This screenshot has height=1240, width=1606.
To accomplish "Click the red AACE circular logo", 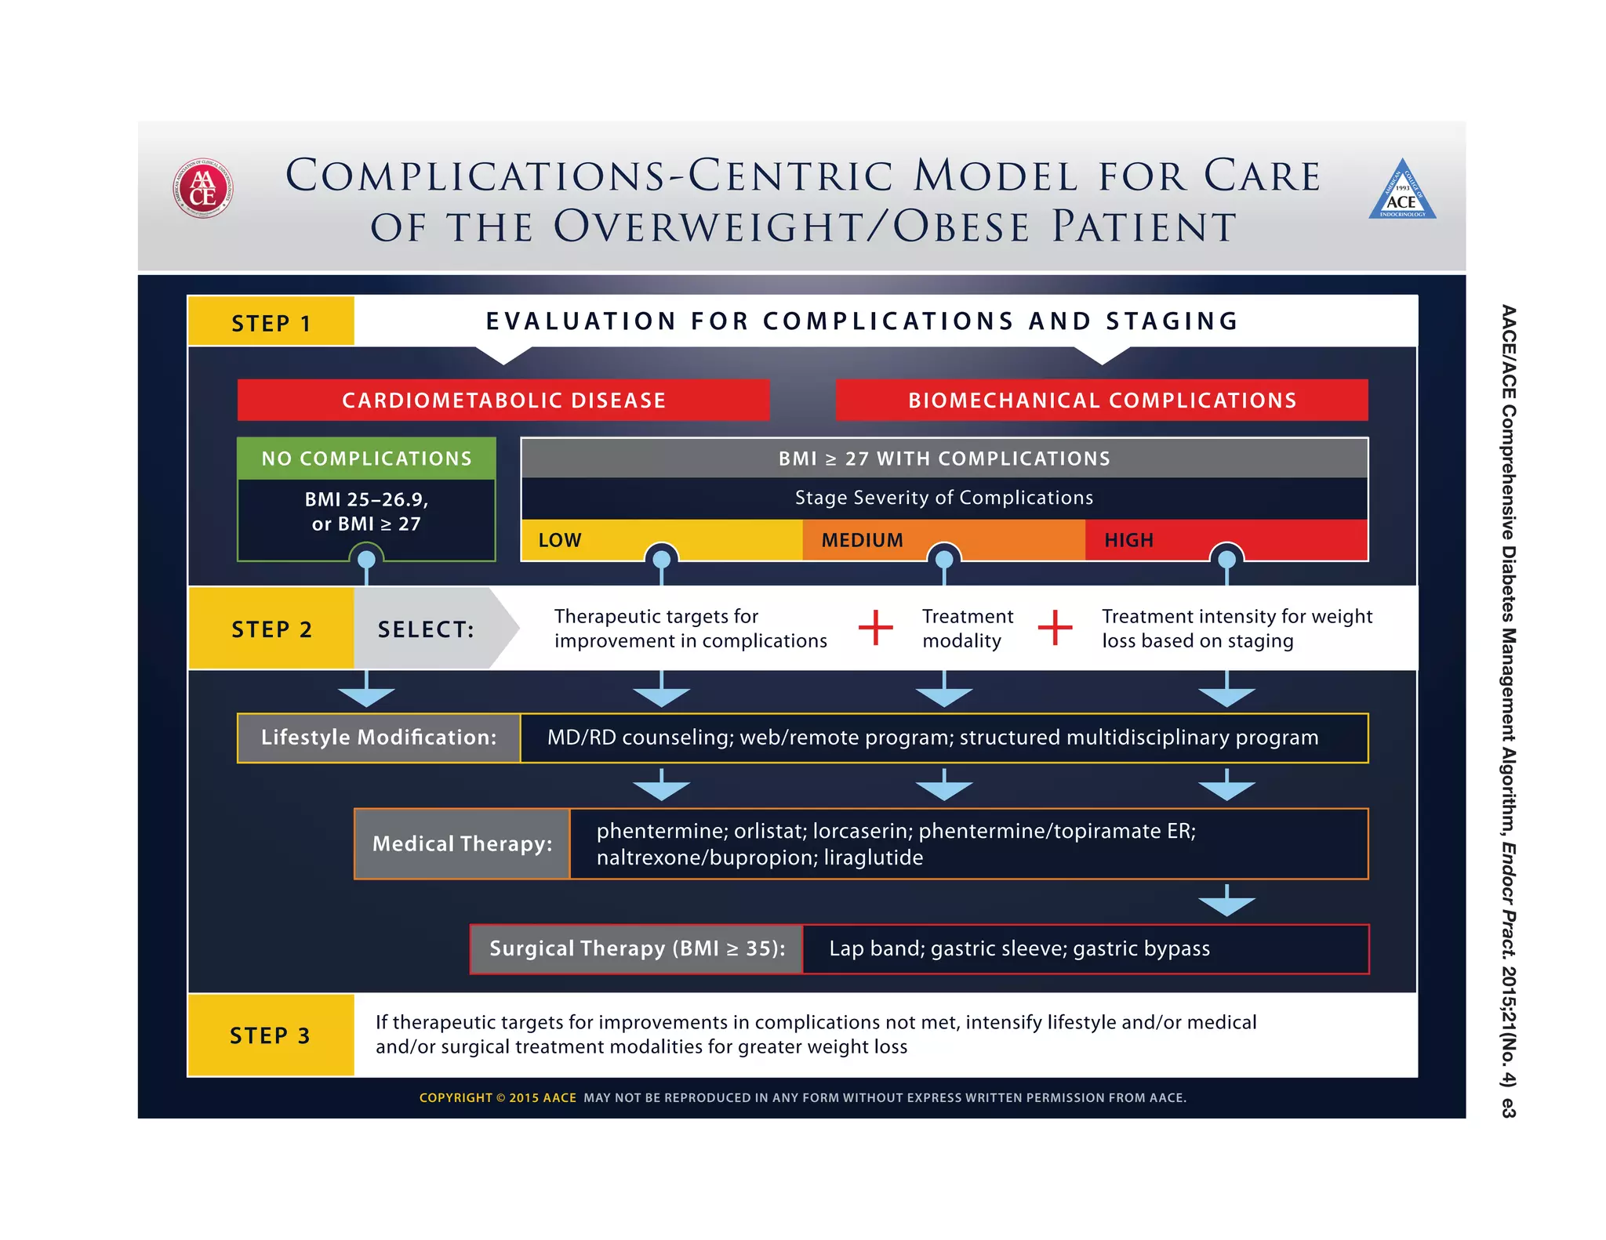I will click(202, 188).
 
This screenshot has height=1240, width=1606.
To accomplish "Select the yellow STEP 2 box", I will click(271, 629).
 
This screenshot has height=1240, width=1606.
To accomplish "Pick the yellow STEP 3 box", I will click(271, 1035).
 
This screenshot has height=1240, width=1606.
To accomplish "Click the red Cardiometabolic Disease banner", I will click(503, 401).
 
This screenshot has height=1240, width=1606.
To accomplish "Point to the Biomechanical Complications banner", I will click(1102, 401).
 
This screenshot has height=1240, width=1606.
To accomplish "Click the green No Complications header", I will click(366, 459).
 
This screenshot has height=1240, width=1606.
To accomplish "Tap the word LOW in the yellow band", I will click(560, 540).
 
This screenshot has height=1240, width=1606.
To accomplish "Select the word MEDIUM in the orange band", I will click(862, 540).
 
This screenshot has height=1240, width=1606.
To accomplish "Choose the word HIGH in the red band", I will click(1128, 540).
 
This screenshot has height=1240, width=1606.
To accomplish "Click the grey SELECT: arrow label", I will click(426, 629).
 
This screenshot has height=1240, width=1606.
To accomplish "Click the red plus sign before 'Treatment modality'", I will click(875, 628).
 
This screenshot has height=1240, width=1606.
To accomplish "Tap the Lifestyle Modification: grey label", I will click(379, 738).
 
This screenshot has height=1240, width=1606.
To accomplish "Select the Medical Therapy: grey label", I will click(462, 843).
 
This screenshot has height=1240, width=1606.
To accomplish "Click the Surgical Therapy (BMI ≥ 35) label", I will click(637, 948).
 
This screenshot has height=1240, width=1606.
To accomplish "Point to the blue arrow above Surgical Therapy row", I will click(1226, 901).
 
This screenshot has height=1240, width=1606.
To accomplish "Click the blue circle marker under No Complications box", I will click(366, 560).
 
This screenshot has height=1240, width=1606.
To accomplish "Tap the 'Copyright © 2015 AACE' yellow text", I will click(497, 1097).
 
